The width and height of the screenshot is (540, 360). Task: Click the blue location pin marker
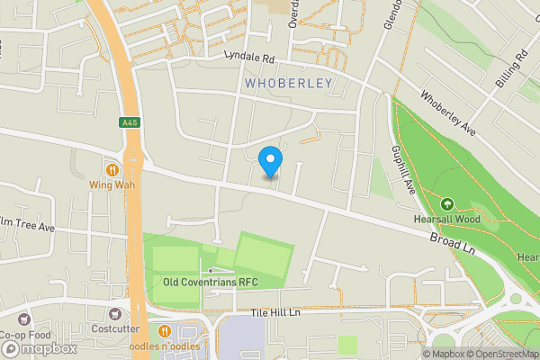click(x=270, y=162)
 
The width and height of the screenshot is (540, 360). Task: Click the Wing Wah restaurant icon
click(x=112, y=169)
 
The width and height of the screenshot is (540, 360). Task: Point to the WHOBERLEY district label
click(x=288, y=84)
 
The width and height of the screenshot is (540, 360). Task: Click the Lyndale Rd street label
click(x=249, y=56)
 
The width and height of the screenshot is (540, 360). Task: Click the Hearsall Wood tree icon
click(x=447, y=202)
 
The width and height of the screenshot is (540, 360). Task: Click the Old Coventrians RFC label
click(x=211, y=282)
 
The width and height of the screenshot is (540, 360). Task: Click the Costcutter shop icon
click(x=115, y=315)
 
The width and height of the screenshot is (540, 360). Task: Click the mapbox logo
click(x=38, y=348)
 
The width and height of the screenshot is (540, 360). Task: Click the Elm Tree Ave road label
click(x=27, y=225)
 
